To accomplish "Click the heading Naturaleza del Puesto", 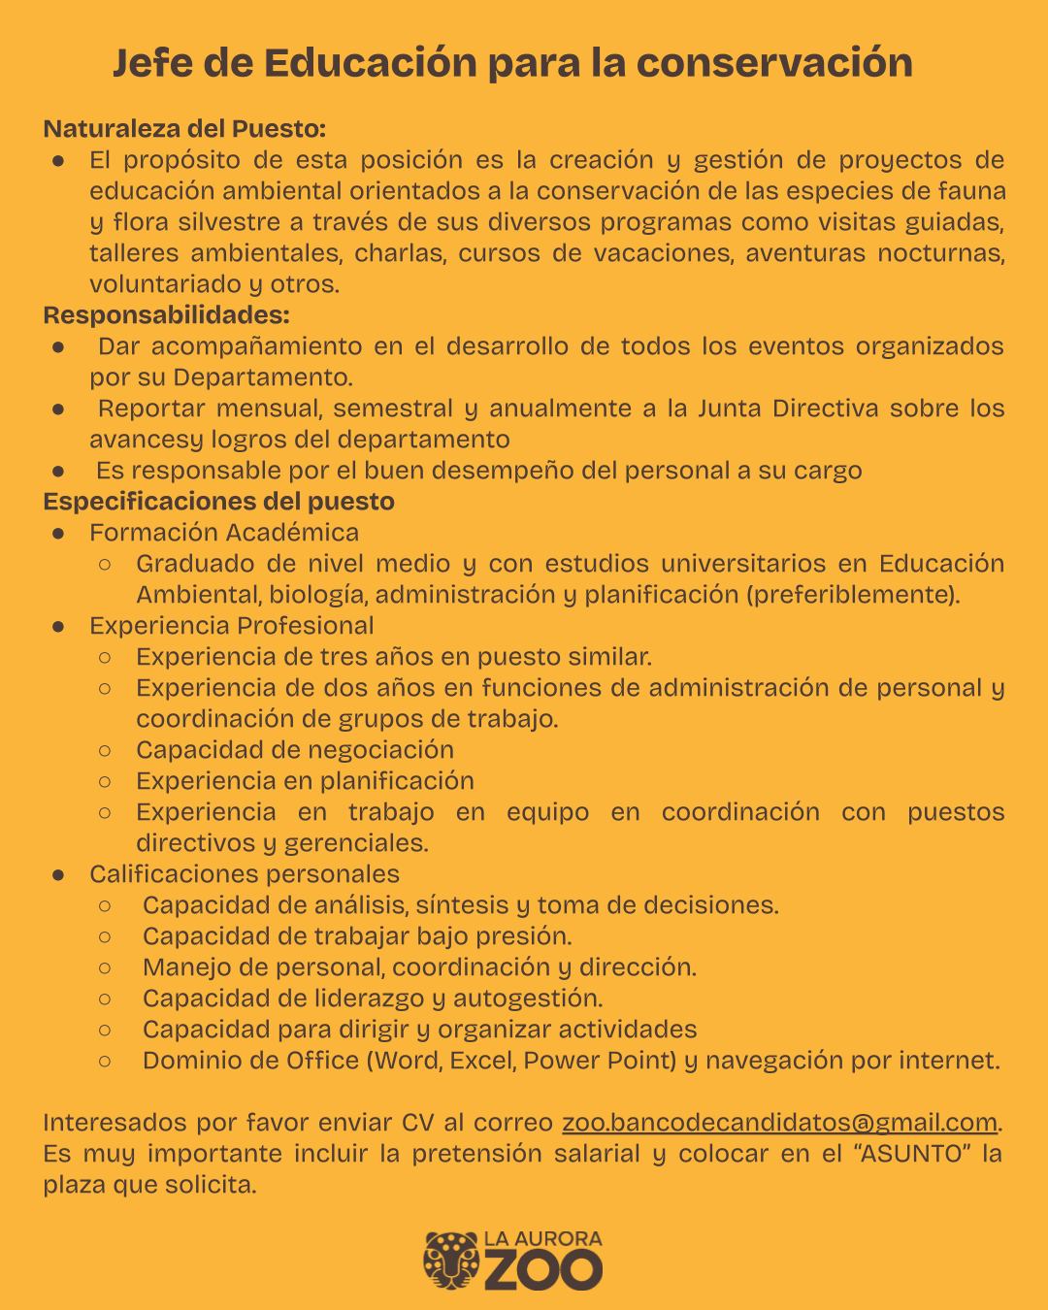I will tap(184, 128).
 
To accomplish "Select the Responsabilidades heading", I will tap(166, 315).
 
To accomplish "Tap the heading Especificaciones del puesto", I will tap(218, 502).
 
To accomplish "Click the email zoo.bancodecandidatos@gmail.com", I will tap(779, 1123).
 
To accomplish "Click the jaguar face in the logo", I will tap(451, 1261).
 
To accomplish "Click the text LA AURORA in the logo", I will tap(542, 1239).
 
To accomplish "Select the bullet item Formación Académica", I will tap(224, 533).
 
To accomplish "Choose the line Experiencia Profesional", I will tap(232, 626).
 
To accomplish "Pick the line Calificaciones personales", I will tap(245, 874).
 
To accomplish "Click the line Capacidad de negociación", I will tap(295, 750).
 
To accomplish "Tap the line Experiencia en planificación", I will tap(305, 781).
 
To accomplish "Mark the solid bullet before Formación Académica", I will tap(58, 533).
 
